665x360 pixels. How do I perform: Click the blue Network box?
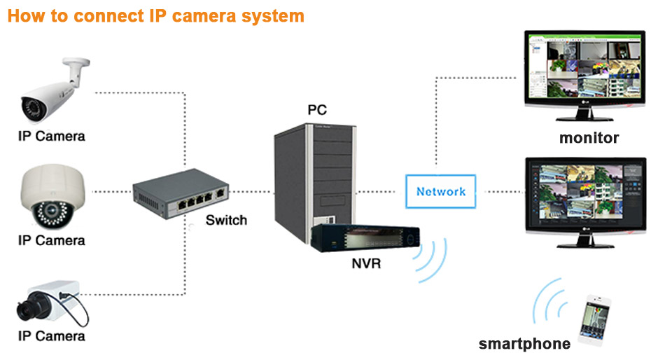[440, 191]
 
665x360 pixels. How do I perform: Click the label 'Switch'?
[226, 220]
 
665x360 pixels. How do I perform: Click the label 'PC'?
[317, 109]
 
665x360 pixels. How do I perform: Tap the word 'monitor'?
[589, 138]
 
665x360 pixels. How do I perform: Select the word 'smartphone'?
[524, 344]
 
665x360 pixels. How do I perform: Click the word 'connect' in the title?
[98, 15]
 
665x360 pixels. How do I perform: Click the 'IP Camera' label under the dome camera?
[51, 240]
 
